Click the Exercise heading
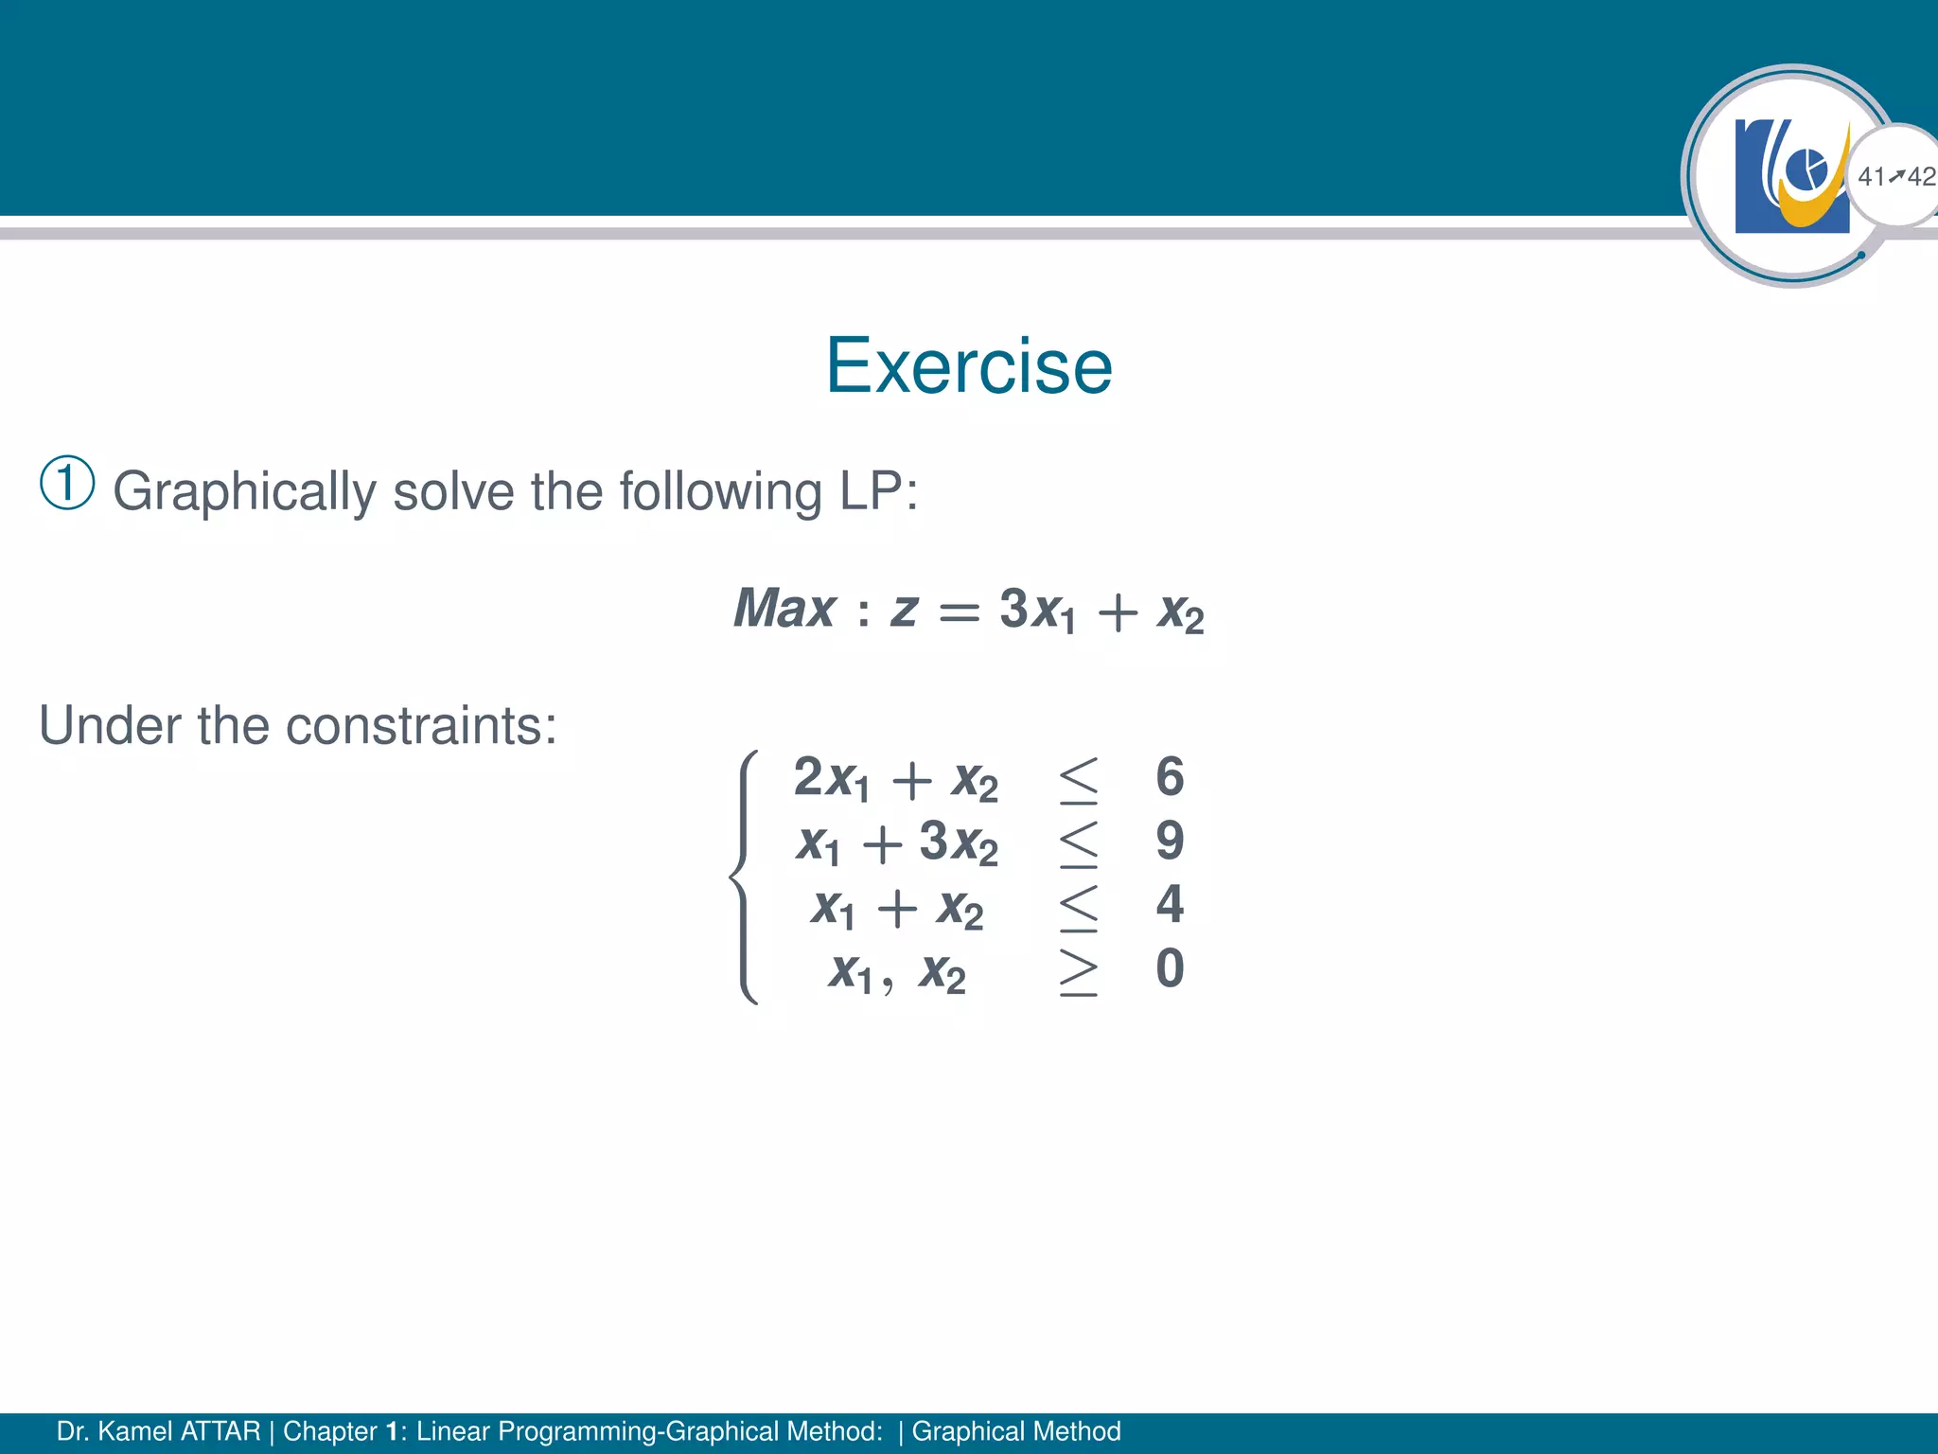[x=969, y=366]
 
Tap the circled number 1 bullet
[x=67, y=483]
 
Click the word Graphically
[x=244, y=492]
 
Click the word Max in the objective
[x=784, y=609]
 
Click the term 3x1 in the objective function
[x=1036, y=611]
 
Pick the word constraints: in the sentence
[x=421, y=726]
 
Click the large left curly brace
[x=745, y=877]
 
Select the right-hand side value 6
[x=1170, y=777]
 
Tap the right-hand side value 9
[x=1170, y=841]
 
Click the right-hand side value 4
[x=1170, y=904]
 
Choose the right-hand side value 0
[x=1170, y=968]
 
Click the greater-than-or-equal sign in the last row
[x=1079, y=970]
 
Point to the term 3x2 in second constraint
[x=958, y=842]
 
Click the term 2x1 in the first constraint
[x=831, y=779]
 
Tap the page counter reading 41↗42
[x=1895, y=176]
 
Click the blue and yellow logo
[x=1791, y=176]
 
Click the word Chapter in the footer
[x=329, y=1431]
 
